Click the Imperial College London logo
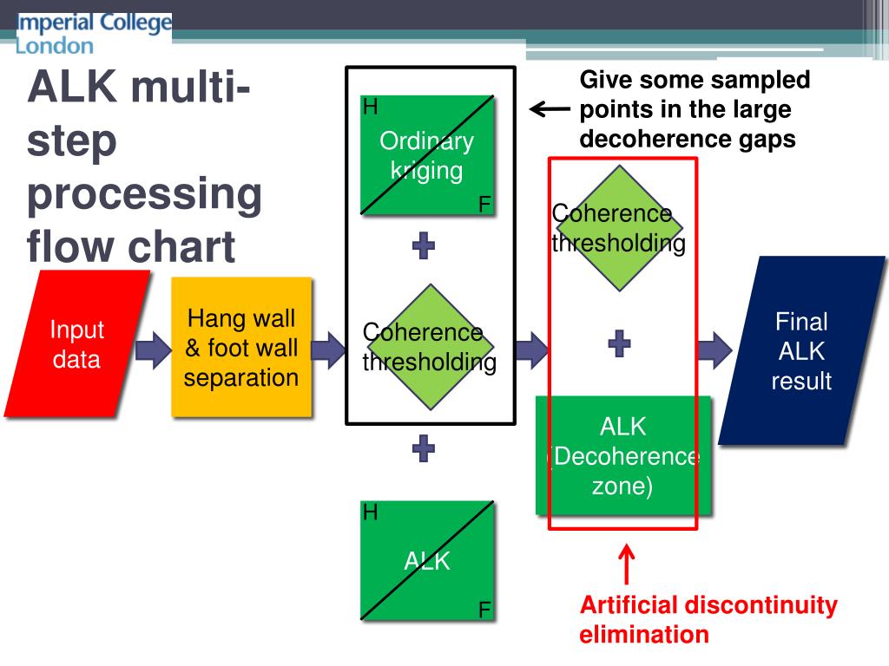tap(94, 34)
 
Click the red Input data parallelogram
tap(76, 344)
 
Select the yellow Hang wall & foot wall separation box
tap(241, 348)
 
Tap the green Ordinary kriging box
tap(427, 155)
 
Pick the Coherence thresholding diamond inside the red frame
tap(618, 228)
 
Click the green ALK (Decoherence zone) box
tap(622, 455)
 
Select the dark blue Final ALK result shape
tap(801, 351)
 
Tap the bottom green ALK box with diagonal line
tap(427, 561)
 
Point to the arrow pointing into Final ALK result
tap(714, 349)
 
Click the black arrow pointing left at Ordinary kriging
tap(550, 109)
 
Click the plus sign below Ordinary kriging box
tap(424, 246)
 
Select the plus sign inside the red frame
tap(619, 344)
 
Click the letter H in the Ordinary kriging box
tap(371, 108)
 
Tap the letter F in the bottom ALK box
tap(484, 610)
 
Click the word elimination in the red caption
tap(644, 635)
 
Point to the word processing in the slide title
tap(144, 195)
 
